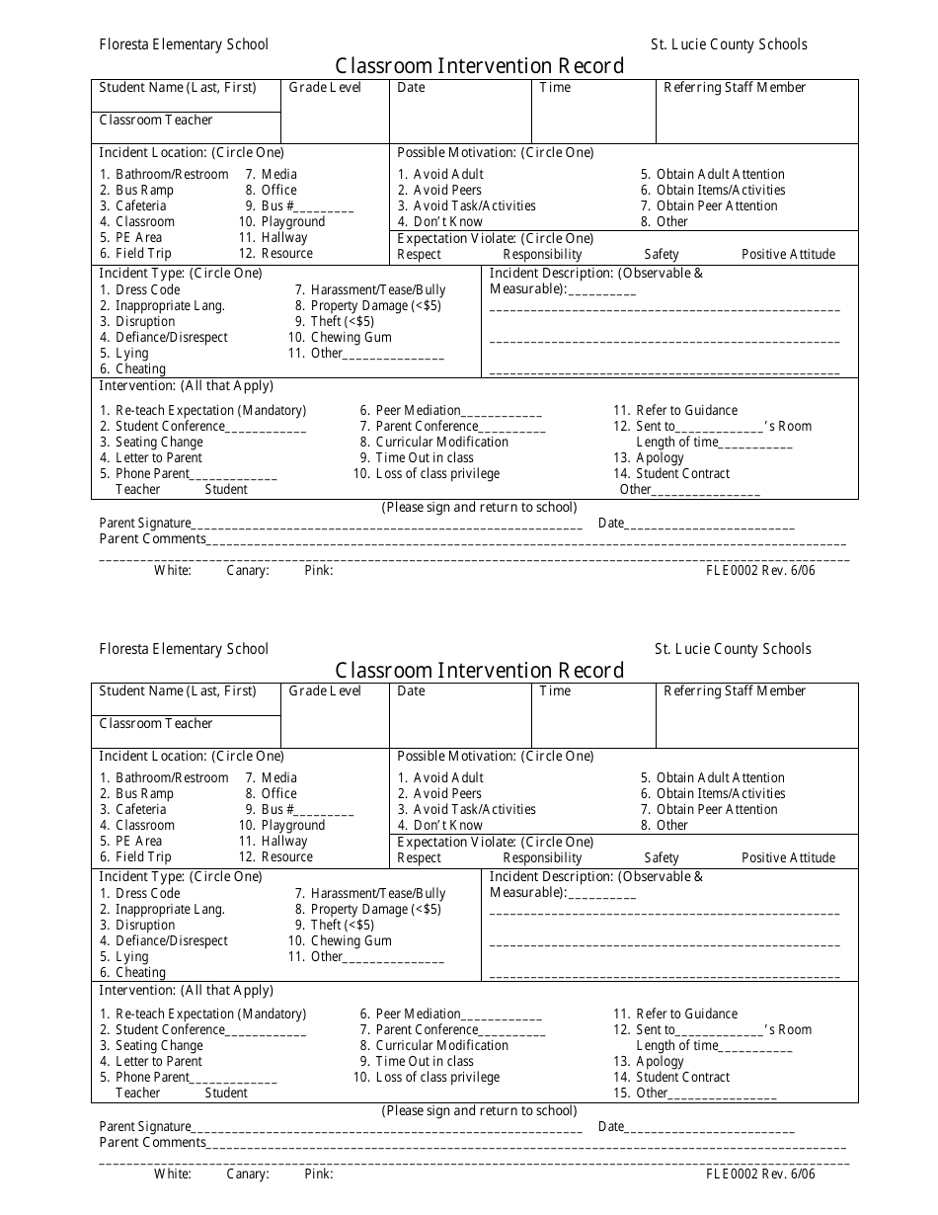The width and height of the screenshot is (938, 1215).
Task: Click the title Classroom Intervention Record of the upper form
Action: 479,66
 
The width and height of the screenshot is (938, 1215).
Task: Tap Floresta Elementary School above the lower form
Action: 183,649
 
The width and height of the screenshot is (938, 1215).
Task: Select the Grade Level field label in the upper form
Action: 325,88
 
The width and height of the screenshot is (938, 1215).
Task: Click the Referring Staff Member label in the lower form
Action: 735,691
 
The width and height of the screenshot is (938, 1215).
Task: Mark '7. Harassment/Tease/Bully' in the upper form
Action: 370,290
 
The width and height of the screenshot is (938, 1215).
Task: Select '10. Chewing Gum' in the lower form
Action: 340,941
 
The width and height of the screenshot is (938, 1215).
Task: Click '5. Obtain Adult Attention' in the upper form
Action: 712,175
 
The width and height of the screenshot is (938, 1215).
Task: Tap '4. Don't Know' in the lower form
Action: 440,826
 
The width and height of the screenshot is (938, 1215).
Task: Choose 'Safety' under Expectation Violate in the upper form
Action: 662,255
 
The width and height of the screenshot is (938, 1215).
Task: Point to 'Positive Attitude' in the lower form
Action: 788,858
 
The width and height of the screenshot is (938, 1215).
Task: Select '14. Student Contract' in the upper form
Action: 671,474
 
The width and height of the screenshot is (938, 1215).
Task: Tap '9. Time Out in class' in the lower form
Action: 417,1062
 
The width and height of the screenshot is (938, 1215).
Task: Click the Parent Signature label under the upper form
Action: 145,524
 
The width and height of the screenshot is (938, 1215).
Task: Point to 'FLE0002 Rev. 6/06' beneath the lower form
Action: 760,1174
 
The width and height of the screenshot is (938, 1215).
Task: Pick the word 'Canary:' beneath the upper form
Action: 248,571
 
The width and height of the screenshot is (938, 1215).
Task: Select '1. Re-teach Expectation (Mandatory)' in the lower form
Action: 203,1014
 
